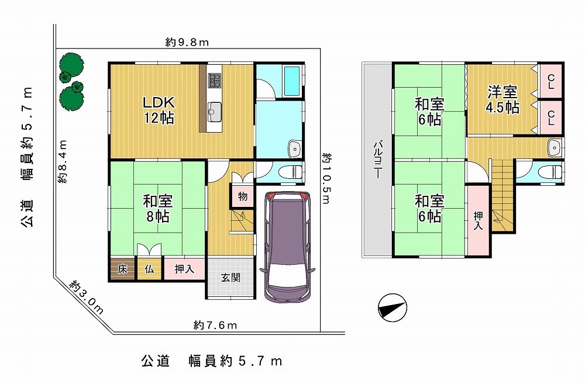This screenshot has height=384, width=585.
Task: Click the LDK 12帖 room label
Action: pyautogui.click(x=159, y=110)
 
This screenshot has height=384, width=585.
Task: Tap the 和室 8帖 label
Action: pyautogui.click(x=158, y=209)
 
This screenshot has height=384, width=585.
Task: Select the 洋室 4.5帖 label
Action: pyautogui.click(x=502, y=99)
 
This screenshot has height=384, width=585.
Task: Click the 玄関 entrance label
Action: pyautogui.click(x=230, y=278)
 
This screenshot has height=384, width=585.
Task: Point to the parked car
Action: pyautogui.click(x=287, y=247)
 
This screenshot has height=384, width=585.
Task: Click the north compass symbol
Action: pyautogui.click(x=393, y=307)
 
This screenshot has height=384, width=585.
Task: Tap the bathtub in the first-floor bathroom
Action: pyautogui.click(x=292, y=81)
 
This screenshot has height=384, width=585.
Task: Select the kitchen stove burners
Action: pyautogui.click(x=215, y=81)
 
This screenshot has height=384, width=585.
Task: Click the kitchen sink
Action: pyautogui.click(x=215, y=112)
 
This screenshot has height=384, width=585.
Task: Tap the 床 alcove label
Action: pyautogui.click(x=122, y=269)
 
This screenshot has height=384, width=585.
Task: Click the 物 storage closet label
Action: pyautogui.click(x=243, y=196)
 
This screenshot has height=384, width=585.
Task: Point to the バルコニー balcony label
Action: pyautogui.click(x=377, y=159)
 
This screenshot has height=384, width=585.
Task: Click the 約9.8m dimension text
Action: pyautogui.click(x=187, y=42)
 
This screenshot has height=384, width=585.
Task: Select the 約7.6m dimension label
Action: pyautogui.click(x=215, y=326)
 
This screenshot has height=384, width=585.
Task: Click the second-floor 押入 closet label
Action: pyautogui.click(x=478, y=221)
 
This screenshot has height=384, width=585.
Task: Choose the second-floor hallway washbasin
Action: pyautogui.click(x=555, y=148)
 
